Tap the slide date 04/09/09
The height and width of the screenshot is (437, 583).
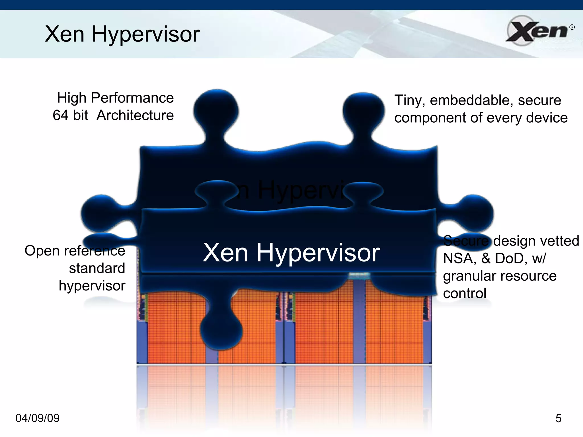pyautogui.click(x=37, y=418)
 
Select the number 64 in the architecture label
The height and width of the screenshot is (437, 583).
pyautogui.click(x=60, y=115)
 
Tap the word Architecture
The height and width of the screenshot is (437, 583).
pyautogui.click(x=135, y=115)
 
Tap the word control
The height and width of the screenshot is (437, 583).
pyautogui.click(x=465, y=293)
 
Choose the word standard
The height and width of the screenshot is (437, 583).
pyautogui.click(x=97, y=268)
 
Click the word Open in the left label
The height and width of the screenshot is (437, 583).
pyautogui.click(x=42, y=251)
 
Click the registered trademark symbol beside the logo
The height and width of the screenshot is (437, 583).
pyautogui.click(x=572, y=27)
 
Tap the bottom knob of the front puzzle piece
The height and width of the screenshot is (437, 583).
pyautogui.click(x=221, y=330)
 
